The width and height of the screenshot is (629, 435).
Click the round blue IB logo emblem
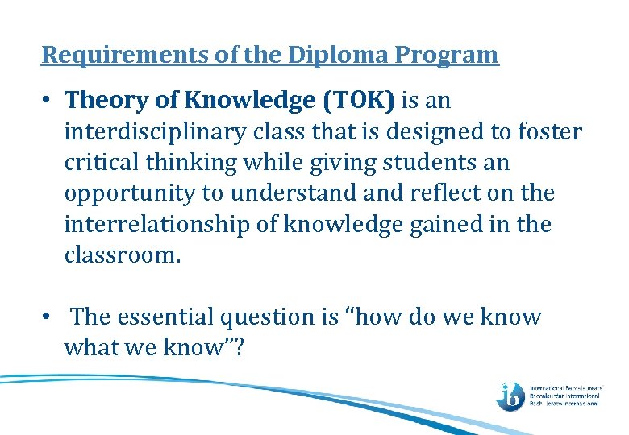[510, 395]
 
